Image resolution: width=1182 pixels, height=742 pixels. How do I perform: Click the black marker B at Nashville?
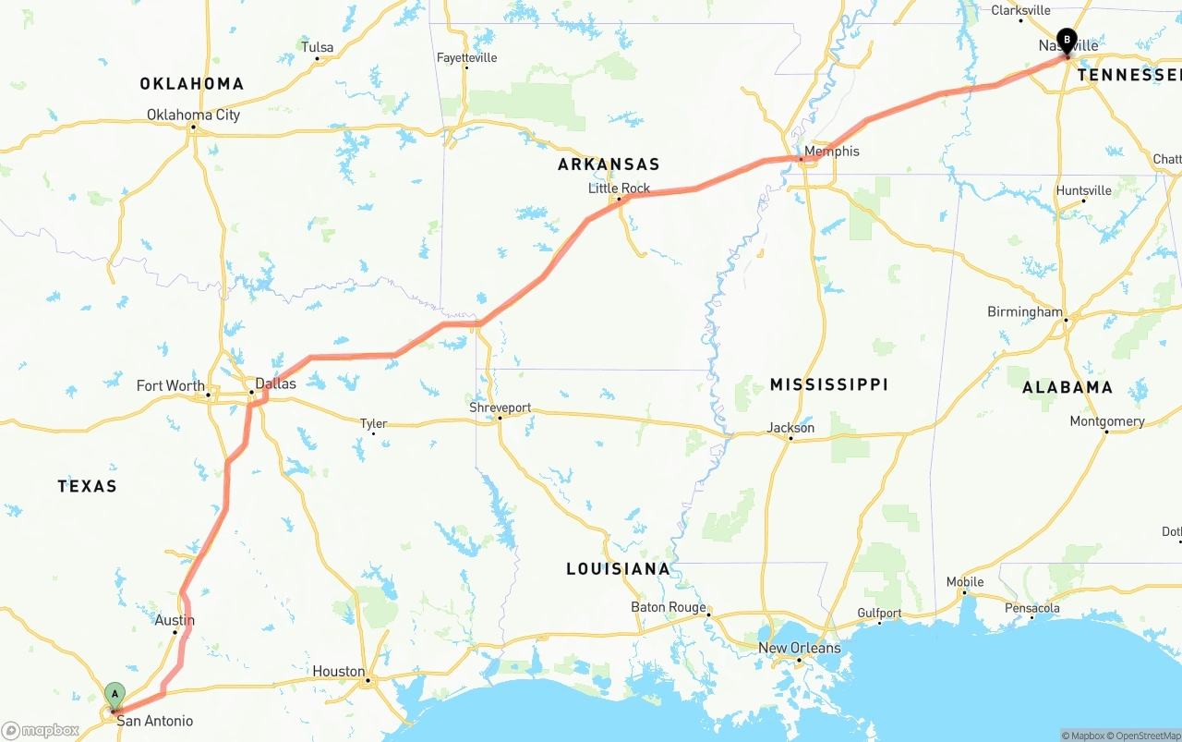pyautogui.click(x=1067, y=41)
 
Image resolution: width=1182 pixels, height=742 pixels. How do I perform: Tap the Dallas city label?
pyautogui.click(x=275, y=383)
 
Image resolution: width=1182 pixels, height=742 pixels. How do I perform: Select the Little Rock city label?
pyautogui.click(x=620, y=188)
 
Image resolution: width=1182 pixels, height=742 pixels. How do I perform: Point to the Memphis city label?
pyautogui.click(x=831, y=151)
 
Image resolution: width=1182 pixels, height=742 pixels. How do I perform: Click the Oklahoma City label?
pyautogui.click(x=193, y=115)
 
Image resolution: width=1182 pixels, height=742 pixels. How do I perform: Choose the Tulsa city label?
pyautogui.click(x=317, y=47)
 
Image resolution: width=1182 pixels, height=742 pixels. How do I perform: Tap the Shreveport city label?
pyautogui.click(x=500, y=407)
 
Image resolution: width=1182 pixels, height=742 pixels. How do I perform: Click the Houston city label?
pyautogui.click(x=338, y=671)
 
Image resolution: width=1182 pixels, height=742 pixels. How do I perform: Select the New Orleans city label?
pyautogui.click(x=800, y=648)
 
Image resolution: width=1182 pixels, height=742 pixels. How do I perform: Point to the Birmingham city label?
pyautogui.click(x=1025, y=311)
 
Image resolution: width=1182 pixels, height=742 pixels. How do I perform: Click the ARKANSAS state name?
pyautogui.click(x=609, y=164)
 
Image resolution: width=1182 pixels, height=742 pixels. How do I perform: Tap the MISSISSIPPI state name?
pyautogui.click(x=829, y=383)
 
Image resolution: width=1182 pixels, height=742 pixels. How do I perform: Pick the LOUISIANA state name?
pyautogui.click(x=618, y=568)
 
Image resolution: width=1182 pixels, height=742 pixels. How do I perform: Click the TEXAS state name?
pyautogui.click(x=87, y=486)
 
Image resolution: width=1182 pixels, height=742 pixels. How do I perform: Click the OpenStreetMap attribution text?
pyautogui.click(x=1143, y=736)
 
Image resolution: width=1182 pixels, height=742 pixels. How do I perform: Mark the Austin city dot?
pyautogui.click(x=175, y=633)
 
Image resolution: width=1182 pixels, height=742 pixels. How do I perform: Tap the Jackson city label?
pyautogui.click(x=790, y=427)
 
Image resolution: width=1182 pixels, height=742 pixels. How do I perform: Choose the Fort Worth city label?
pyautogui.click(x=171, y=385)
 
